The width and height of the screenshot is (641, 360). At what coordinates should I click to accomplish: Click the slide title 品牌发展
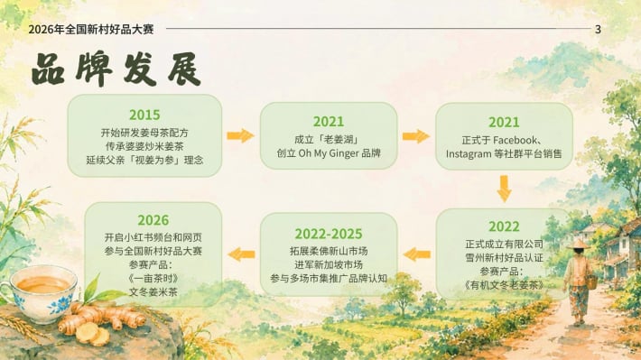[116, 69]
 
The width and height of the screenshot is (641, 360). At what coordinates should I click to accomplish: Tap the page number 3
[598, 29]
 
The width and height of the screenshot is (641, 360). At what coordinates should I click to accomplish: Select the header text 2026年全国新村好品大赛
[91, 29]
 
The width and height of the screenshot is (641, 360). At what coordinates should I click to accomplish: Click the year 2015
[144, 115]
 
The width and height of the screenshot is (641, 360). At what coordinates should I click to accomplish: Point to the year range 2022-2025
[329, 234]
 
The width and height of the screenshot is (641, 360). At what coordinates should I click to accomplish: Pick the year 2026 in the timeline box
[153, 220]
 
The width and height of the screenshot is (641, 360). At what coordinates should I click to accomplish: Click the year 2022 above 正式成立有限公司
[504, 226]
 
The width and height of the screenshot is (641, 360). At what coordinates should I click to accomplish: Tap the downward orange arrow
[504, 189]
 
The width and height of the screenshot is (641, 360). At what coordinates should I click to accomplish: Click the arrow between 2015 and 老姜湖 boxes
[241, 135]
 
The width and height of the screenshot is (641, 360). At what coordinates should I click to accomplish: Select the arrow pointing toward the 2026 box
[241, 254]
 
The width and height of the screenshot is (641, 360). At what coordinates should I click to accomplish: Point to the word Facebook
[516, 140]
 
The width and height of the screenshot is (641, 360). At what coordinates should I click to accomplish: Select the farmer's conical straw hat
[578, 245]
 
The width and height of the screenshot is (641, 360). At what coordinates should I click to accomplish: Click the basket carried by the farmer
[592, 282]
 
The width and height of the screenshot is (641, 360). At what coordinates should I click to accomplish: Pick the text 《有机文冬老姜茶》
[504, 285]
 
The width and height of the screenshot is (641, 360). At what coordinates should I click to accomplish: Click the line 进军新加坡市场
[329, 264]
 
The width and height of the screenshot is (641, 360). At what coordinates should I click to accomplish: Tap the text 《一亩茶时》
[153, 279]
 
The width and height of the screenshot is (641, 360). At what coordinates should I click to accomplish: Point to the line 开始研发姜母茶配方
[144, 133]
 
